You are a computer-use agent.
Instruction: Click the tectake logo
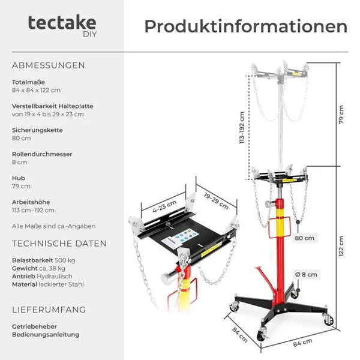(x=62, y=25)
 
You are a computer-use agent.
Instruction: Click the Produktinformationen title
(x=245, y=26)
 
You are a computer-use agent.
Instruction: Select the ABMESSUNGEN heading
(x=49, y=65)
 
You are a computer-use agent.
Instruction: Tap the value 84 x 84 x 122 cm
(x=36, y=90)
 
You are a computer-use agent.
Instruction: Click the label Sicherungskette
(x=37, y=130)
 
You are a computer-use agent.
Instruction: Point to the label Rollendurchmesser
(x=42, y=154)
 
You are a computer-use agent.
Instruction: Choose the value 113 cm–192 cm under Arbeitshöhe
(x=33, y=211)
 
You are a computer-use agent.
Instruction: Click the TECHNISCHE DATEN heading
(x=59, y=244)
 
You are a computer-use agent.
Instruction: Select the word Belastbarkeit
(x=32, y=260)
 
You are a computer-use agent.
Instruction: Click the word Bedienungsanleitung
(x=46, y=335)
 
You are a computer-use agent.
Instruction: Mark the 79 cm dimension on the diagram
(x=341, y=115)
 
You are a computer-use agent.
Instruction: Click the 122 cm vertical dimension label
(x=341, y=246)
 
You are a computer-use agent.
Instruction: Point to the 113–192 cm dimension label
(x=242, y=128)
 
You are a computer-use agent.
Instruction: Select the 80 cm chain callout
(x=304, y=238)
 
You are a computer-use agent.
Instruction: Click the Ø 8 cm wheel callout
(x=306, y=275)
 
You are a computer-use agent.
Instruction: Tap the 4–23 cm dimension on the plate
(x=164, y=206)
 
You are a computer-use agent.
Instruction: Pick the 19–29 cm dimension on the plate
(x=216, y=201)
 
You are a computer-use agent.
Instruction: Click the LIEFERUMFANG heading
(x=49, y=310)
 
